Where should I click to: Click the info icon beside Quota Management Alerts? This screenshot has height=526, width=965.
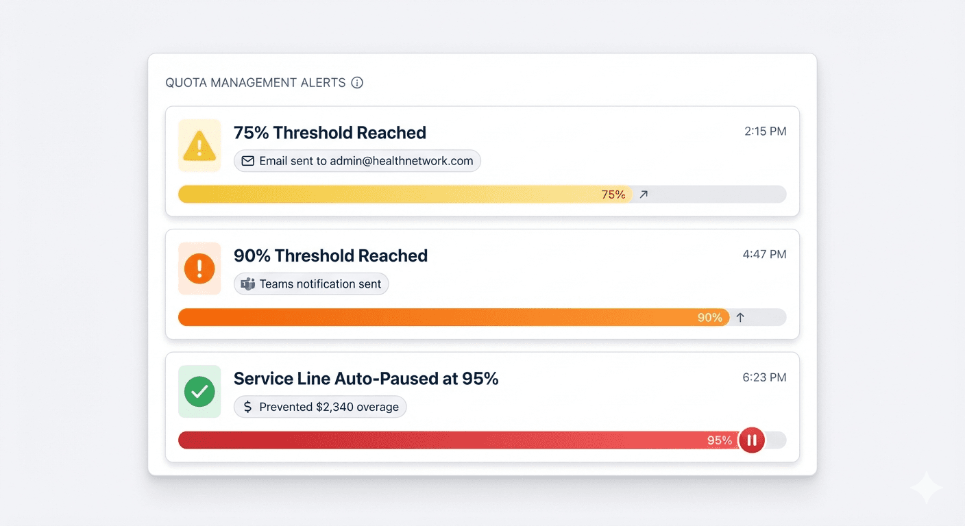[x=357, y=83]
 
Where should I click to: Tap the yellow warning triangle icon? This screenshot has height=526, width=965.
[x=199, y=146]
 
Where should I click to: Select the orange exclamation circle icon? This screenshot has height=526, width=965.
[x=199, y=268]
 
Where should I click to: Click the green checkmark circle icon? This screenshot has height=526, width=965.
[x=199, y=392]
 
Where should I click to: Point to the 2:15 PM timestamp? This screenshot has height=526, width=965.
[x=765, y=131]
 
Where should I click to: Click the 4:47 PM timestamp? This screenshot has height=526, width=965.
[x=764, y=254]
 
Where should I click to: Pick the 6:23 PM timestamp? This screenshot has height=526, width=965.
[x=765, y=377]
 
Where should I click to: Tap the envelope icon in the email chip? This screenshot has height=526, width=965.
[x=248, y=161]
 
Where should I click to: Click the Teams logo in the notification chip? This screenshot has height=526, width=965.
[x=248, y=284]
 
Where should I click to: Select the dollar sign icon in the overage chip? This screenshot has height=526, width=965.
[x=248, y=407]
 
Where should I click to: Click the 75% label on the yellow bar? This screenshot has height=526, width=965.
[x=613, y=195]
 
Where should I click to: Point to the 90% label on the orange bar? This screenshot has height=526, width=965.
[x=709, y=318]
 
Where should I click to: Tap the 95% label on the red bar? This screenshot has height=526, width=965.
[x=720, y=440]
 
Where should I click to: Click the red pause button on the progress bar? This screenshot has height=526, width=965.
[x=751, y=440]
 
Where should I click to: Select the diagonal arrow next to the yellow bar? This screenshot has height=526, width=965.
[x=644, y=195]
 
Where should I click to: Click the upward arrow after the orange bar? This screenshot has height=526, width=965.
[x=740, y=318]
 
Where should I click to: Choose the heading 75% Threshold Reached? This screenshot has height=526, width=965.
[x=330, y=133]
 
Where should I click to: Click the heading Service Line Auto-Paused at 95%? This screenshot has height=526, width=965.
[x=366, y=379]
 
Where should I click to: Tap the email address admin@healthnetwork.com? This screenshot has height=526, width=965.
[x=402, y=161]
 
